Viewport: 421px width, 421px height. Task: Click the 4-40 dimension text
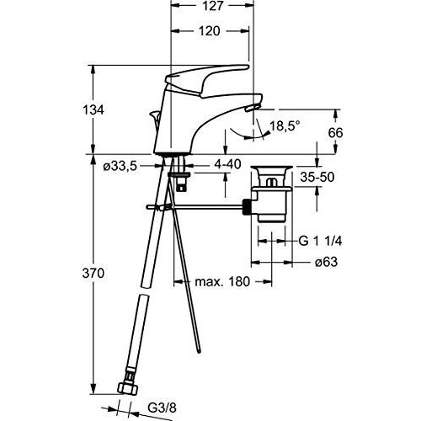228,165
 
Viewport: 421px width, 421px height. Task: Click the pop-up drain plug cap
273,171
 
